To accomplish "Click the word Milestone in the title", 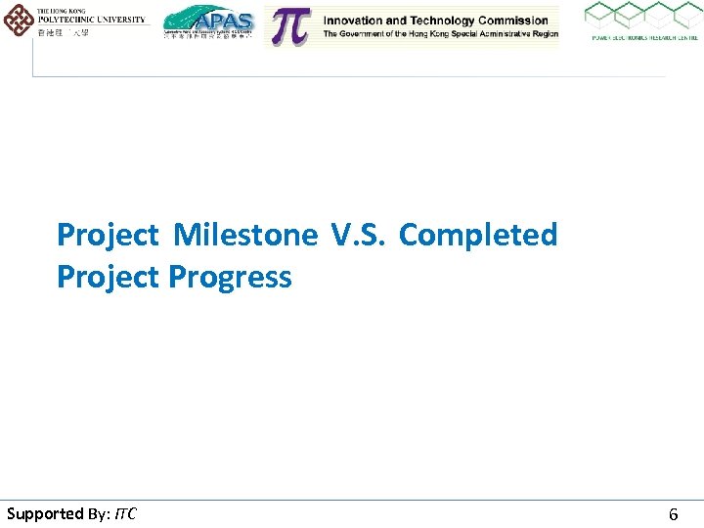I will (x=245, y=236).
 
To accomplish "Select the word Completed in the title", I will (x=478, y=236).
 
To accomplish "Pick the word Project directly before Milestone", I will (x=108, y=236).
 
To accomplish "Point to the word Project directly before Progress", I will (x=108, y=278).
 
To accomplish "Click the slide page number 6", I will (x=673, y=514).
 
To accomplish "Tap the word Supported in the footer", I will (x=45, y=513).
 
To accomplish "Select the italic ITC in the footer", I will (x=125, y=513).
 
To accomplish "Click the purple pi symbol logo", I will (x=289, y=26).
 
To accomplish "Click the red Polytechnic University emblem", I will (x=17, y=20).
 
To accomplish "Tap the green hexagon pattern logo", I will (x=642, y=17).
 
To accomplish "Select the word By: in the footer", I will (x=101, y=513).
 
